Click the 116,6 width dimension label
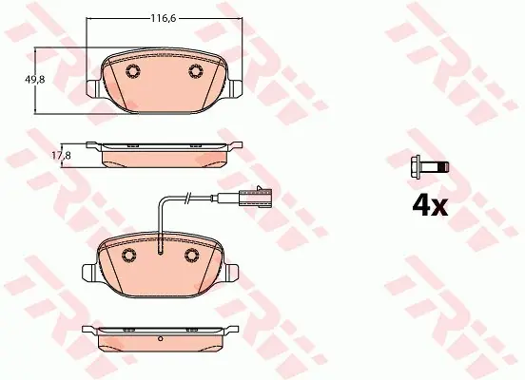pyautogui.click(x=163, y=18)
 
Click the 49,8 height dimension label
pyautogui.click(x=35, y=80)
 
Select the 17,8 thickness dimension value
pyautogui.click(x=61, y=155)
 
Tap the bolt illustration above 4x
pyautogui.click(x=430, y=167)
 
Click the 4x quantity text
pyautogui.click(x=430, y=205)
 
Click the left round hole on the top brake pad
pyautogui.click(x=133, y=71)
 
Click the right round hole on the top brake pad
pyautogui.click(x=196, y=71)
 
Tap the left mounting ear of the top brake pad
pyautogui.click(x=93, y=88)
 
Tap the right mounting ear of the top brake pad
pyautogui.click(x=235, y=88)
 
